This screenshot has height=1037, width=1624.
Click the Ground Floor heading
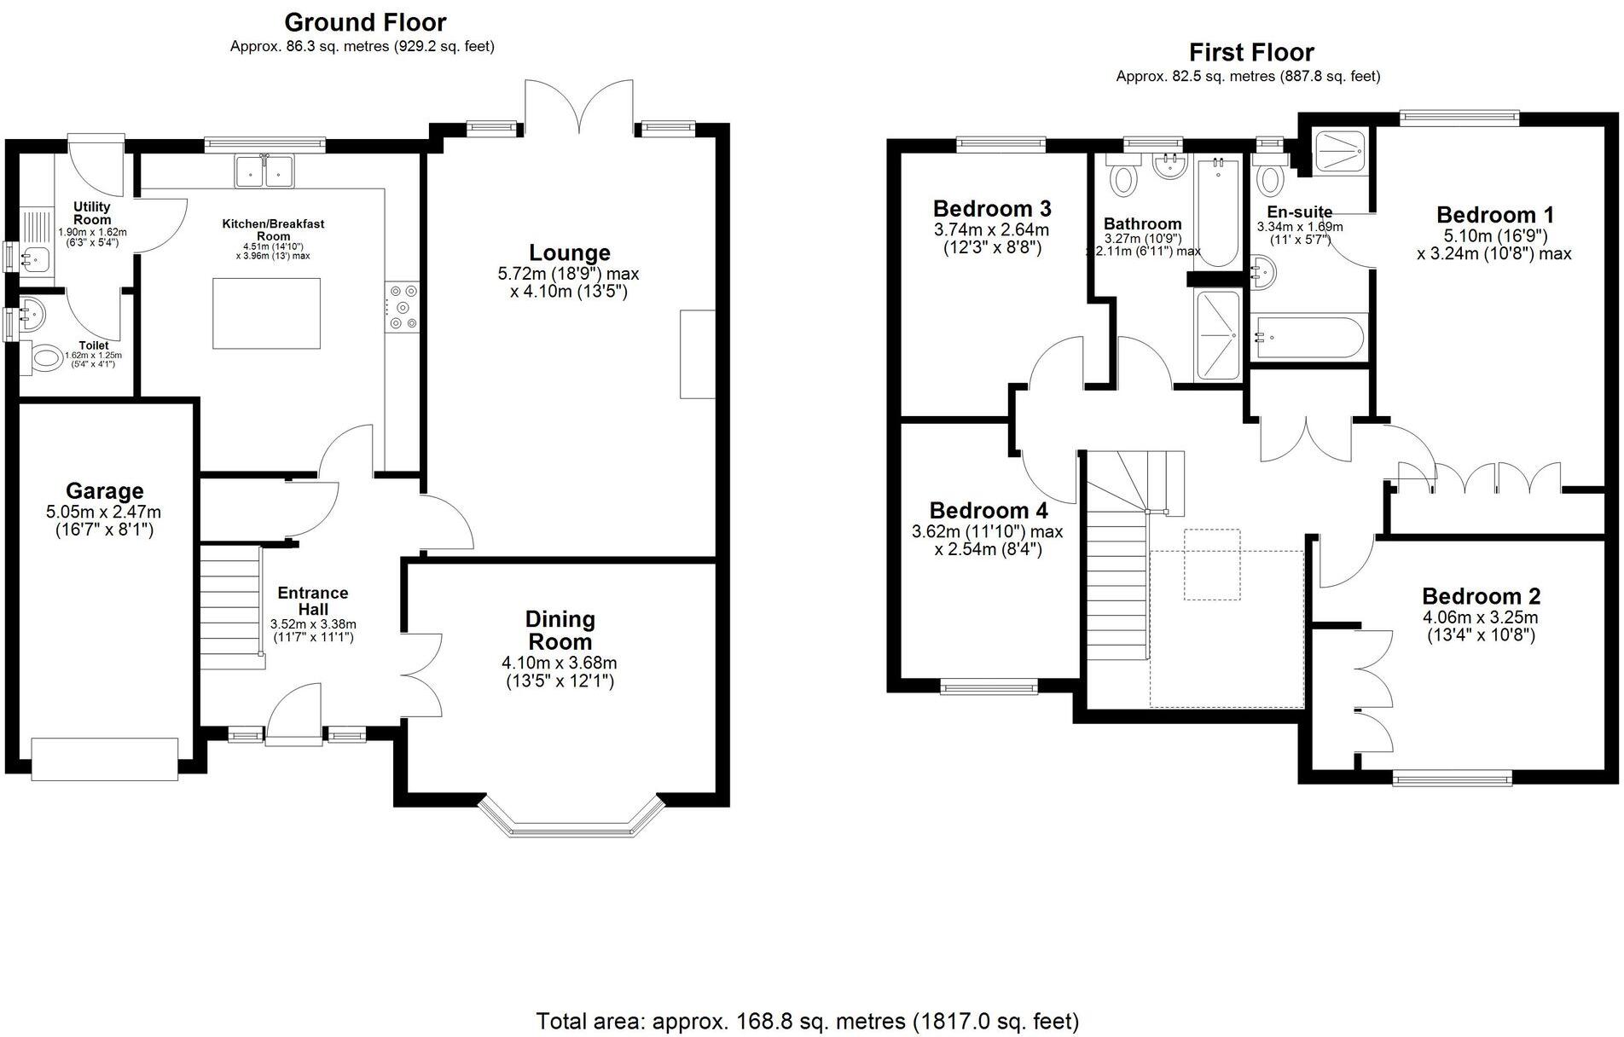coord(365,21)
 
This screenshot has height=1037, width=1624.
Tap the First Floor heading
coord(1251,52)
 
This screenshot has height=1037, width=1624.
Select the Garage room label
coord(104,491)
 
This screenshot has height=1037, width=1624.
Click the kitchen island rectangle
coord(267,313)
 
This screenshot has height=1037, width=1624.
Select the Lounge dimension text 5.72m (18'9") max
coord(568,274)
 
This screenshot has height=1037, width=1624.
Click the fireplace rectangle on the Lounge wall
coord(697,354)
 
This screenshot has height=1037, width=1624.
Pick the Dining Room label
coord(560,631)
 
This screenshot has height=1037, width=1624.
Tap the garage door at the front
coord(105,759)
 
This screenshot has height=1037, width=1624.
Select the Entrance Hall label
coord(312,600)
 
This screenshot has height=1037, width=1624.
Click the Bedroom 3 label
coord(991,209)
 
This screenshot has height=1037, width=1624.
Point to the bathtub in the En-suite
coord(1308,339)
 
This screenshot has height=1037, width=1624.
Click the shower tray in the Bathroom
coord(1217,335)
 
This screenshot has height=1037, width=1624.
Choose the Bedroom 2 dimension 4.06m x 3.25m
coord(1480,617)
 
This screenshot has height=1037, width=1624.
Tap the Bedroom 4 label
coord(988,511)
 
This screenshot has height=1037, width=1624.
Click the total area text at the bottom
coord(807,1021)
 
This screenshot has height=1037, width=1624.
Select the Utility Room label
coord(92,213)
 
